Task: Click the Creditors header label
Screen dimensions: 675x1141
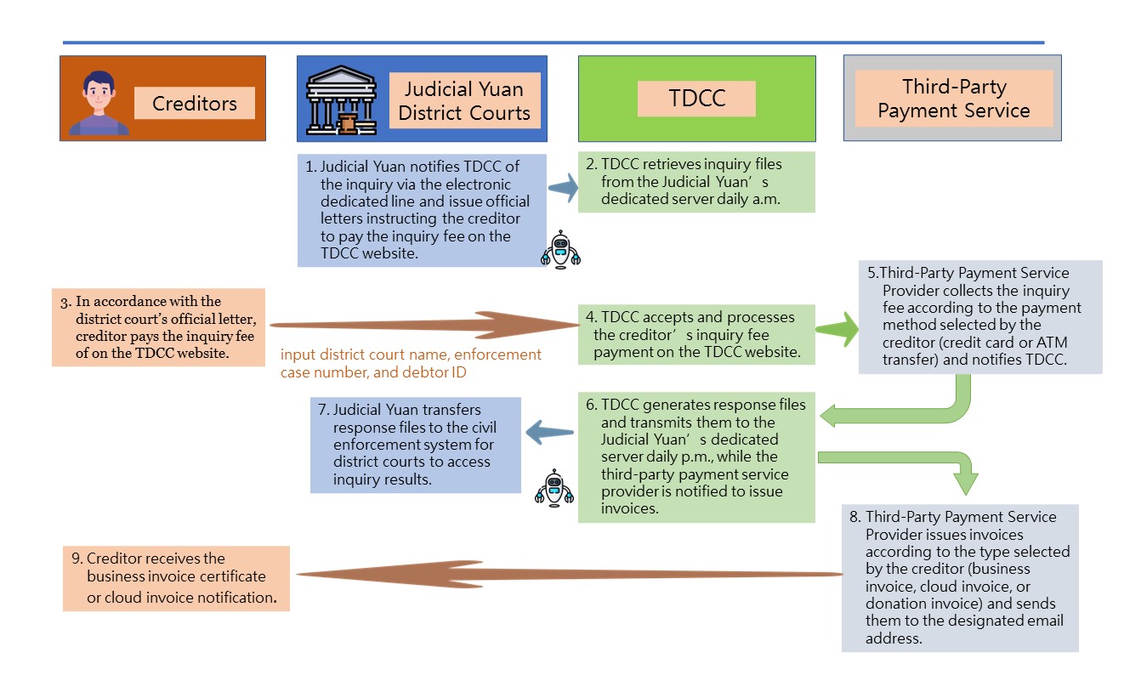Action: coord(194,103)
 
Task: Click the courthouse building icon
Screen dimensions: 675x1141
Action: coord(340,99)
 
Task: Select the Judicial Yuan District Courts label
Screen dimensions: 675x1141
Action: coord(463,100)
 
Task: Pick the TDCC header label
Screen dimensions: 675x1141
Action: coord(696,98)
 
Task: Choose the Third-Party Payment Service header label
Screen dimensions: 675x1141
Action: coord(953,99)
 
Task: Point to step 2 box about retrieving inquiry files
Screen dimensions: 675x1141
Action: coord(696,181)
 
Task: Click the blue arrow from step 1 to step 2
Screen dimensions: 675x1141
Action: coord(561,189)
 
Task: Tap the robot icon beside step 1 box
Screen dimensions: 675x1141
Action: coord(560,249)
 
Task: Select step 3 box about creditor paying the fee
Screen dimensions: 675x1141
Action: coord(159,327)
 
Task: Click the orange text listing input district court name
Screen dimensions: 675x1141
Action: coord(411,363)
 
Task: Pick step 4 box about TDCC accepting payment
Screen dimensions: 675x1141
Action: coord(696,334)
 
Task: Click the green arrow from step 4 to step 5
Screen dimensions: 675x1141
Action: coord(837,331)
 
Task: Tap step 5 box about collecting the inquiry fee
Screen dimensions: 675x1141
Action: coord(979,317)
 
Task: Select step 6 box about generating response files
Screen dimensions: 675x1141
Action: coord(696,457)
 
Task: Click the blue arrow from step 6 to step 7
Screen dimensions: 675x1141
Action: coord(550,434)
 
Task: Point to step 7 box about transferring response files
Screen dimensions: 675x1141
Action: coord(415,444)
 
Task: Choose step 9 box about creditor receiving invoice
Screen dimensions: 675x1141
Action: coord(176,578)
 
